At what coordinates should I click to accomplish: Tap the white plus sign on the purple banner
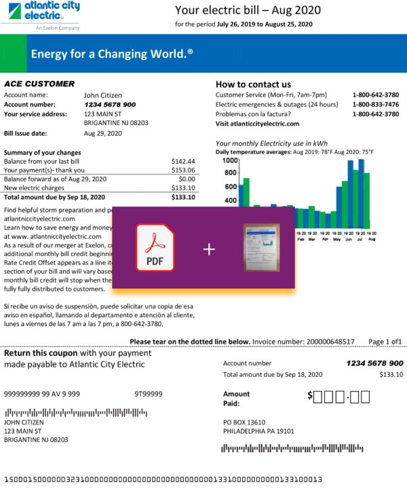pos(209,250)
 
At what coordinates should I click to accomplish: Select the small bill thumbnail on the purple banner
pos(261,248)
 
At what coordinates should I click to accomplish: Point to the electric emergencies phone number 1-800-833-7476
pos(375,105)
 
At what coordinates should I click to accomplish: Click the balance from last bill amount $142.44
pos(183,162)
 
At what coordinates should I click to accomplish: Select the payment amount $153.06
pos(183,170)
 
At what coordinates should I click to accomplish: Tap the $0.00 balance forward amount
pos(187,179)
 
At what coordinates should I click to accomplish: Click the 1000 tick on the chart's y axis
pos(229,161)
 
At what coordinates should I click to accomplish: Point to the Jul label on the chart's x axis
pos(361,239)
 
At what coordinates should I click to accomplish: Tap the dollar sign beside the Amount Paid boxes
pos(310,395)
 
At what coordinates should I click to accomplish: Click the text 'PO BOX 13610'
pos(246,422)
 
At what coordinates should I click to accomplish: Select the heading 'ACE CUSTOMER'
pos(39,84)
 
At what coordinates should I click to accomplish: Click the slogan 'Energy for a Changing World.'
pos(112,53)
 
